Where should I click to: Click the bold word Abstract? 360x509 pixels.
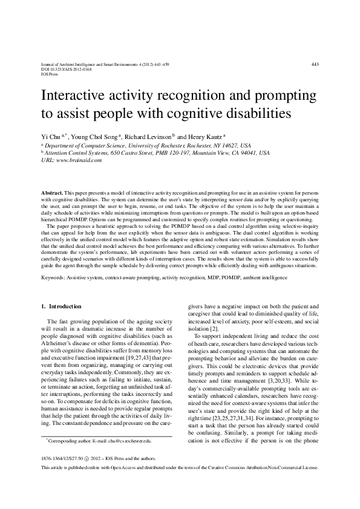52,190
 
